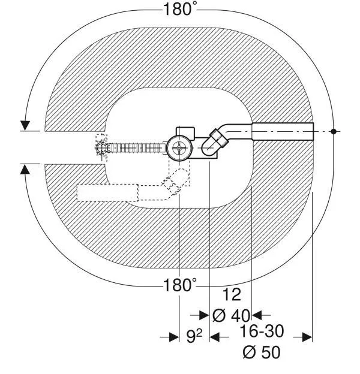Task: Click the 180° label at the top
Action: click(180, 10)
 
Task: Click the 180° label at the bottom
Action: click(180, 285)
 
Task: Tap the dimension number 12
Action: click(232, 295)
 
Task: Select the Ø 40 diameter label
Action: click(231, 315)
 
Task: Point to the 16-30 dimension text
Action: click(262, 331)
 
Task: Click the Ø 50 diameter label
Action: click(262, 352)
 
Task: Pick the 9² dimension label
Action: click(194, 336)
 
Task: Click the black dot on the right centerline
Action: click(334, 131)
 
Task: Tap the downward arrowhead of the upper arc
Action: click(25, 126)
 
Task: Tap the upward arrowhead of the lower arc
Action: click(25, 169)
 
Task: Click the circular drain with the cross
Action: click(179, 148)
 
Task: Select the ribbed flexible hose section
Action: click(137, 148)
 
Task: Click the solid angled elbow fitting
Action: click(214, 143)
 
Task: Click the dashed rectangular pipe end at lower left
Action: click(108, 193)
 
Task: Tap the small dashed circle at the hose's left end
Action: click(101, 148)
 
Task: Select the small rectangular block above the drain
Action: click(185, 132)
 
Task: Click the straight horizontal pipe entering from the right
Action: click(283, 131)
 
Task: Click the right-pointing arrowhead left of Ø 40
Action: click(204, 315)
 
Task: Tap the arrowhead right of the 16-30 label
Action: click(307, 337)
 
